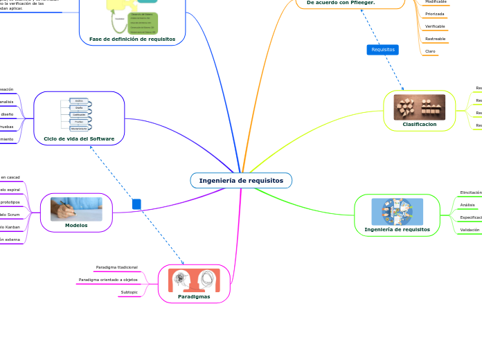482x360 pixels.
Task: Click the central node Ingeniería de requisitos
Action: (241, 181)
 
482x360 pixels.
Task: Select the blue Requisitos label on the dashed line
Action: (383, 50)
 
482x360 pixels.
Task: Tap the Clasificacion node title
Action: (420, 125)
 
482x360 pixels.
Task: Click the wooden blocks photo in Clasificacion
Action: (420, 107)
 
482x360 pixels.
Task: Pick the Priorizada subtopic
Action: (435, 14)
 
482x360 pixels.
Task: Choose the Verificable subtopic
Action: (435, 26)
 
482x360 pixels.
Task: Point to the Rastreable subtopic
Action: (435, 39)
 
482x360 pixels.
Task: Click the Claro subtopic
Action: (430, 51)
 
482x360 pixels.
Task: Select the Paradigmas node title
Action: (194, 296)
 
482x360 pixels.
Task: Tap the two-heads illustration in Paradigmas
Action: (194, 280)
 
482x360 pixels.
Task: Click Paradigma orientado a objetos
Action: (108, 280)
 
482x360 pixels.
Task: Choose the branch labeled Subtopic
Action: (129, 292)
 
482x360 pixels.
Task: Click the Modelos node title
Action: (76, 225)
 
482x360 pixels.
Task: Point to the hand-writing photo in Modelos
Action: (76, 208)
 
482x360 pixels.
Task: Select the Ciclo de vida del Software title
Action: (79, 138)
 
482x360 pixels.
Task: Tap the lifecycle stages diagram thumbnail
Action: (78, 114)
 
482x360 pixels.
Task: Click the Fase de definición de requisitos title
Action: (132, 39)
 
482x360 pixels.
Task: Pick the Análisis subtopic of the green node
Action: (467, 205)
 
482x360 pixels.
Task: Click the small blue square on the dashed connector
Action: (136, 204)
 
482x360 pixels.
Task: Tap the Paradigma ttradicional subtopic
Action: (116, 267)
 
